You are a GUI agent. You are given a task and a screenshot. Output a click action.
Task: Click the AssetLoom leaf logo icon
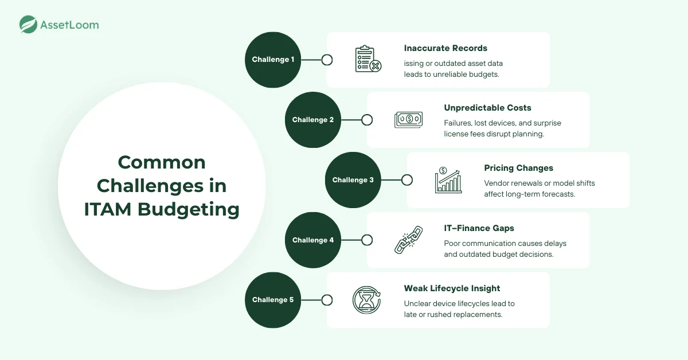pos(28,25)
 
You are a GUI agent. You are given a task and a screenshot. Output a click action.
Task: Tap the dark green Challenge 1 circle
pos(273,60)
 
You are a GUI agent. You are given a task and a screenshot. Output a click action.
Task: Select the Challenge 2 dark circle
pos(313,120)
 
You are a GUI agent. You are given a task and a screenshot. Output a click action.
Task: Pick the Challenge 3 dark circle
pos(353,180)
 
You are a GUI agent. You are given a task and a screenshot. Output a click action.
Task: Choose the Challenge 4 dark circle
pos(313,240)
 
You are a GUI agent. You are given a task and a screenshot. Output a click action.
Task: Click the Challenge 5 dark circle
pos(273,300)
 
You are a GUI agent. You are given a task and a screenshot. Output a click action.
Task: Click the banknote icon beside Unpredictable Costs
pos(408,120)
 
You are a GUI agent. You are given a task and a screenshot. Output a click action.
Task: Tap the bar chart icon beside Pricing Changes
pos(448,180)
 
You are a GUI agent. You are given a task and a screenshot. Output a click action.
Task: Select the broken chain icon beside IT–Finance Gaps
pos(408,240)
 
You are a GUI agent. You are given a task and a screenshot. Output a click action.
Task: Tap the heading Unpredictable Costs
pos(487,108)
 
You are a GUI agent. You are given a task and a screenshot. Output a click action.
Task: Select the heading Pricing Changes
pos(518,168)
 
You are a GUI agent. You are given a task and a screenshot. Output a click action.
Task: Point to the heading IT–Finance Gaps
pos(479,228)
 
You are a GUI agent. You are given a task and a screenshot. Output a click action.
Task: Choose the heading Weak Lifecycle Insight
pos(452,288)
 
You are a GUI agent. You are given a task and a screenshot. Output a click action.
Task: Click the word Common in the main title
pos(162,162)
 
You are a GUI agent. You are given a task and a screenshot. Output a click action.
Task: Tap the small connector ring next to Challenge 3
pos(407,180)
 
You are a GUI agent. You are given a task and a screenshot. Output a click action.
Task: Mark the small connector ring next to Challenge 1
pos(327,60)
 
